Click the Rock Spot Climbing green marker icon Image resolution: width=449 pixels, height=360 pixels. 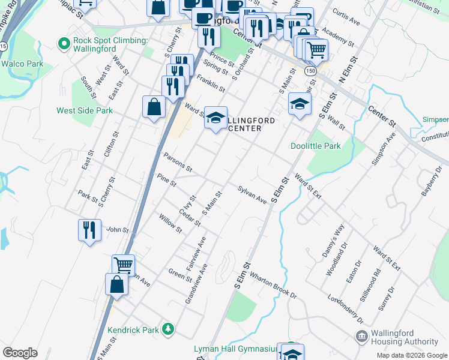pyautogui.click(x=64, y=43)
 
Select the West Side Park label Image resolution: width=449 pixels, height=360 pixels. pyautogui.click(x=85, y=110)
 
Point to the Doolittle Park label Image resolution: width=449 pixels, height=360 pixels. pyautogui.click(x=315, y=146)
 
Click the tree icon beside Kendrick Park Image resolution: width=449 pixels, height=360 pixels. pyautogui.click(x=169, y=329)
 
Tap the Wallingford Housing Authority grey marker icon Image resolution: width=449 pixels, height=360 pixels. pyautogui.click(x=361, y=335)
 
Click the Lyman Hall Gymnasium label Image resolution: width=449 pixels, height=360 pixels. pyautogui.click(x=235, y=349)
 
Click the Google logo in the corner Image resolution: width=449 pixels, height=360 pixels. pyautogui.click(x=20, y=352)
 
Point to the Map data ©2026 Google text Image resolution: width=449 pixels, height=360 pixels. pyautogui.click(x=412, y=355)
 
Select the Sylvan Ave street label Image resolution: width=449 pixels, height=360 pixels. pyautogui.click(x=252, y=194)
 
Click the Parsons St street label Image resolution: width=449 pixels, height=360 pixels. pyautogui.click(x=178, y=161)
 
